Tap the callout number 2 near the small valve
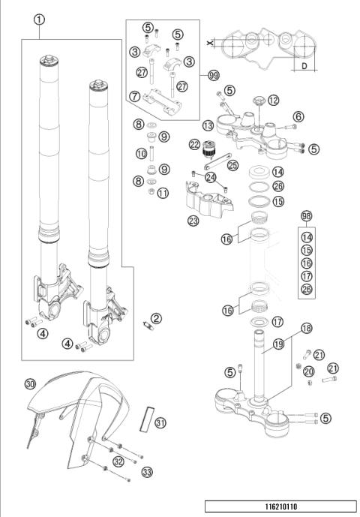156,318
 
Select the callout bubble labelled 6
298,116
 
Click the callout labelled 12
273,99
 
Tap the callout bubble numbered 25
232,164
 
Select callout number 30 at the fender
30,383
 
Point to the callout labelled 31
160,423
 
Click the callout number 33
147,472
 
